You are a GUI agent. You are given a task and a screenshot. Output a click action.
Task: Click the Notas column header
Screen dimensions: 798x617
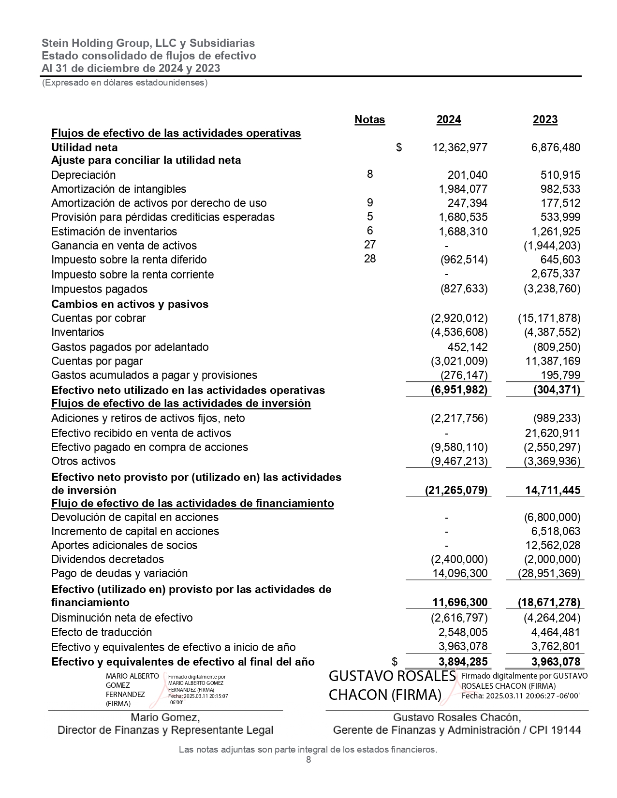point(369,119)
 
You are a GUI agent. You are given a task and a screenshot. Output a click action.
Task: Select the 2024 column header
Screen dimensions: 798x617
point(448,119)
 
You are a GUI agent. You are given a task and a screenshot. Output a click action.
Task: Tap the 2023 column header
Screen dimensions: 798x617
point(545,119)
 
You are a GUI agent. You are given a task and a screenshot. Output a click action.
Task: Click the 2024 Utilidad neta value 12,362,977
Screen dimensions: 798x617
point(460,147)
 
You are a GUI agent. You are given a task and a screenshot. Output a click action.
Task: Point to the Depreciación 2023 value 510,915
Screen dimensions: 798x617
point(560,175)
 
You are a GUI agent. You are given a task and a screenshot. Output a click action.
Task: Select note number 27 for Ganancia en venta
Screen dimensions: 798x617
point(369,245)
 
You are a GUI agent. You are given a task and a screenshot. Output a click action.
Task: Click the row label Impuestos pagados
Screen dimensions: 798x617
point(99,289)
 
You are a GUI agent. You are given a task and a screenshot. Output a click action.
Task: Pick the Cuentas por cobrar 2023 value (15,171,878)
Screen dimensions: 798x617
point(549,318)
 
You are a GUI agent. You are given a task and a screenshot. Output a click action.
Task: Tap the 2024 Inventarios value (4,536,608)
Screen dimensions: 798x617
point(459,332)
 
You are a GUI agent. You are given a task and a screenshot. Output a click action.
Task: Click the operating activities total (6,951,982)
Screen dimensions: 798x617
point(459,390)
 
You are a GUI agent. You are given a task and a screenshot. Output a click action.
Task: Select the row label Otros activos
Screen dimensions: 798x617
point(83,461)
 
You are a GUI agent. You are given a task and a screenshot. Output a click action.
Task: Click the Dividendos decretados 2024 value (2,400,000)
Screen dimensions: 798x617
point(459,559)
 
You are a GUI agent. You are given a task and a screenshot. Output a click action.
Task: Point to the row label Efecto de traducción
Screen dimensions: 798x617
point(102,632)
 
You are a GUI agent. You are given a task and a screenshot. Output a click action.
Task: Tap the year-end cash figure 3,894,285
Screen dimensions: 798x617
point(460,661)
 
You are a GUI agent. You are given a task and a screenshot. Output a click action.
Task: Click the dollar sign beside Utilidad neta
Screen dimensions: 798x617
point(399,147)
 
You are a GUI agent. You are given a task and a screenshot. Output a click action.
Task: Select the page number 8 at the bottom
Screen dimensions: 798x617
point(308,760)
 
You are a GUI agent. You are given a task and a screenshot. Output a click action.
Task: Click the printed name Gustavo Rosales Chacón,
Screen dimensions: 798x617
point(456,717)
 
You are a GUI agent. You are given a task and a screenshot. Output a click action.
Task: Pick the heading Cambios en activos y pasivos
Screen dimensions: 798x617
point(130,304)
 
